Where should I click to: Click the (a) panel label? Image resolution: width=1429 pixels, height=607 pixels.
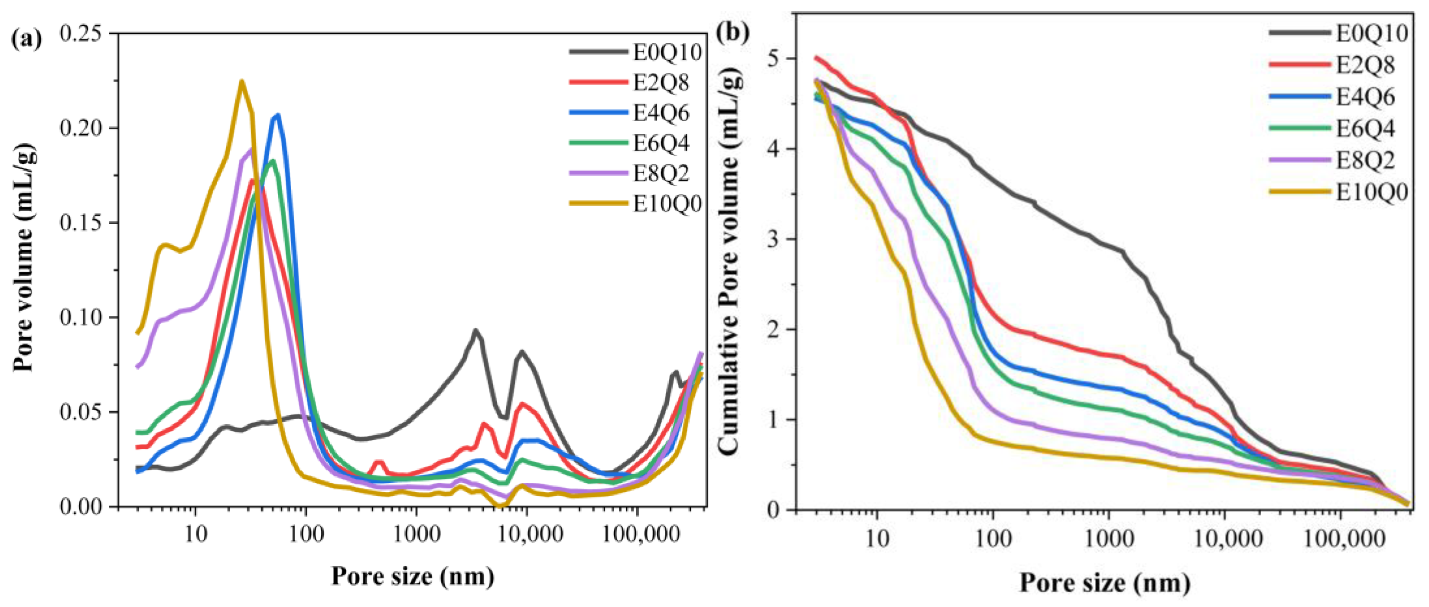[26, 40]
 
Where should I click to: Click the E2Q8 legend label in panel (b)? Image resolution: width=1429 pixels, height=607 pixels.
[1365, 65]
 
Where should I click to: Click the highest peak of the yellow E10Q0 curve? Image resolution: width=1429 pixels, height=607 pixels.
[241, 81]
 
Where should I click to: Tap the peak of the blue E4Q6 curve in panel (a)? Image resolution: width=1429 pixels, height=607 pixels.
[278, 115]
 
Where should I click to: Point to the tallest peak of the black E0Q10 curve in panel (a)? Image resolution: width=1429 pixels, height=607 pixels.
[475, 330]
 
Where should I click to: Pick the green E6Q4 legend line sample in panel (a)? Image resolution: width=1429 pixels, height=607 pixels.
[598, 143]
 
